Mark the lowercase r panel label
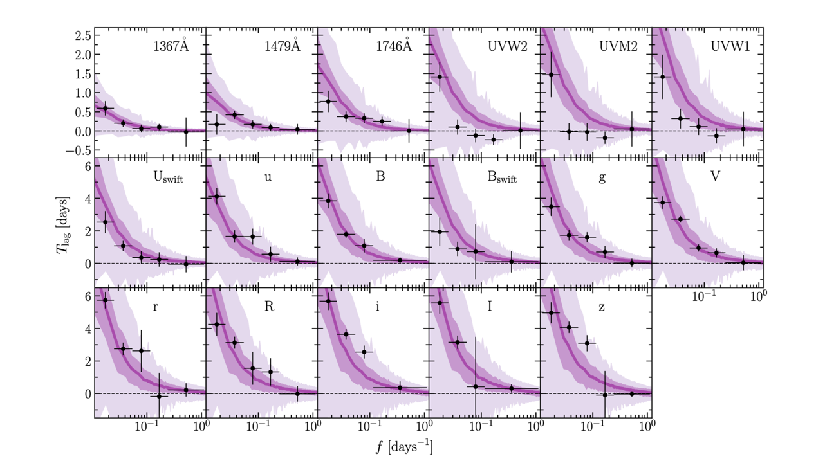point(156,307)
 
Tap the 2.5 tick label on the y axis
point(82,35)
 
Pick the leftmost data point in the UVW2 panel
point(440,77)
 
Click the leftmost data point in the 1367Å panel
point(106,109)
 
